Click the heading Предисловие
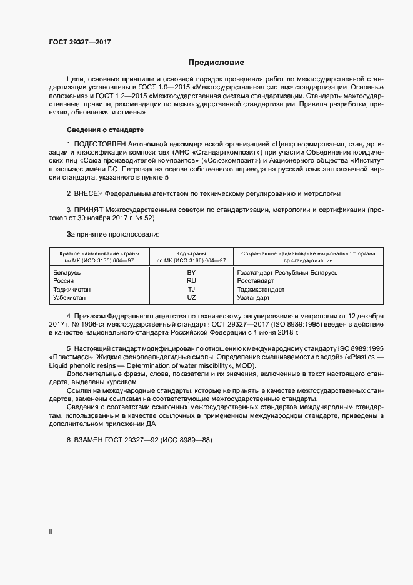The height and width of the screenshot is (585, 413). tap(216, 63)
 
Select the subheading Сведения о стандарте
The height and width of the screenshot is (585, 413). tap(105, 130)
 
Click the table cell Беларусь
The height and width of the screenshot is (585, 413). tap(67, 273)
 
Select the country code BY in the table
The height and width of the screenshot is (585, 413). tap(191, 273)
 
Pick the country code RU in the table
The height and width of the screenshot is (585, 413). tap(191, 281)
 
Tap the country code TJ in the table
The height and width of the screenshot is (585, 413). tap(191, 290)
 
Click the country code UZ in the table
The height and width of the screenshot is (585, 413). tap(191, 298)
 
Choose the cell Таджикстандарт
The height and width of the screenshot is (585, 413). tap(261, 290)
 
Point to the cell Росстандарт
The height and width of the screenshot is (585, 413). tap(256, 281)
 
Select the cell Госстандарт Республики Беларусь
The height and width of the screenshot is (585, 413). tap(287, 273)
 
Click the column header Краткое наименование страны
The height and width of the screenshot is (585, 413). tap(99, 253)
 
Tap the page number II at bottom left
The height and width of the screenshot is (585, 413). tap(51, 532)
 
